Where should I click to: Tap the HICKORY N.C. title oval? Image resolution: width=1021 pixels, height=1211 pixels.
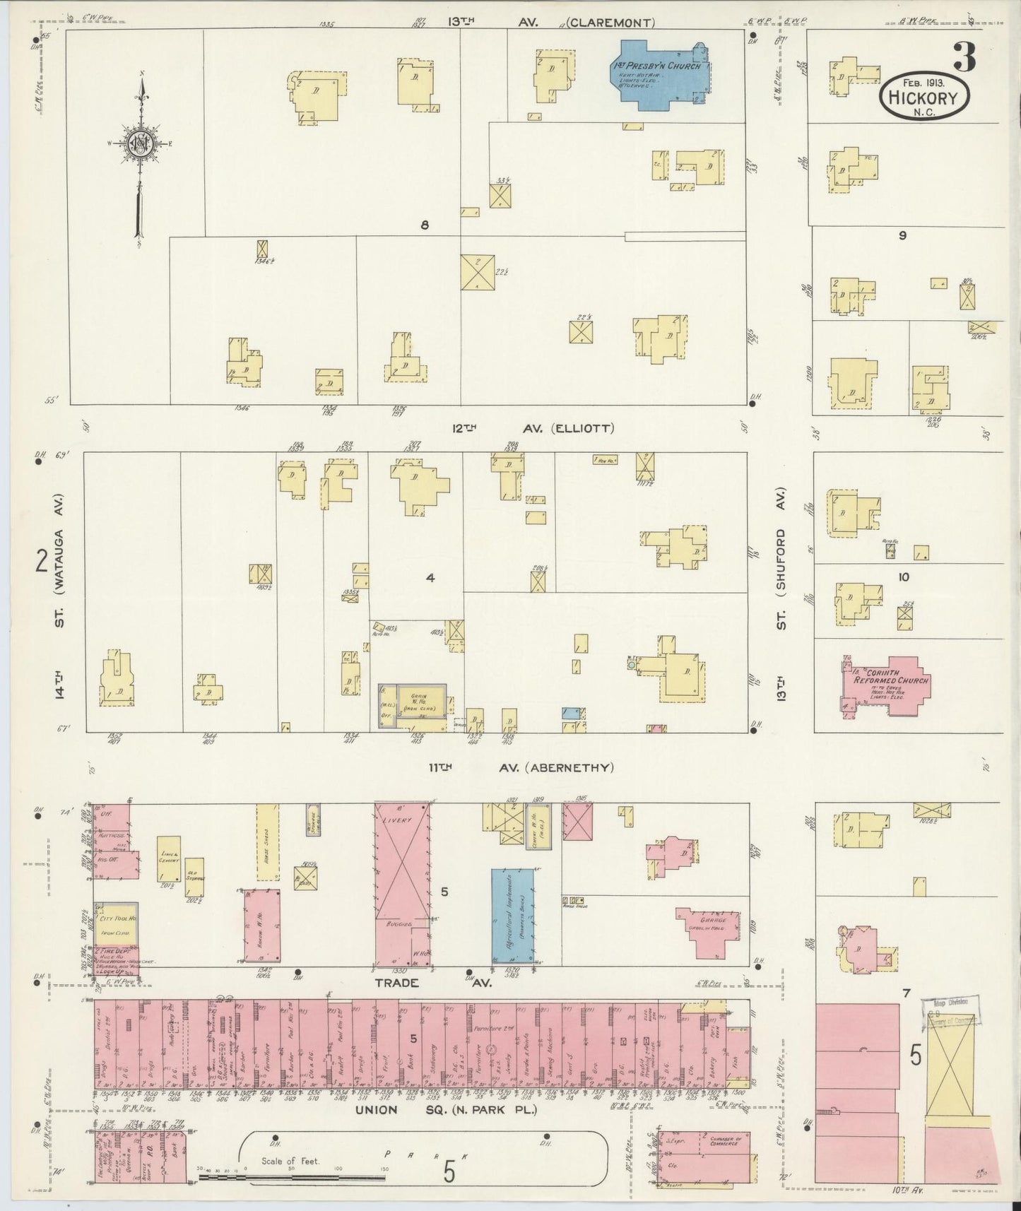click(x=924, y=98)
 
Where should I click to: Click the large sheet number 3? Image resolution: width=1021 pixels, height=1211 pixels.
click(x=964, y=57)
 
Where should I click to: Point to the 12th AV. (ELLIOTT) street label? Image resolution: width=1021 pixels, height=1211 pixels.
click(x=533, y=428)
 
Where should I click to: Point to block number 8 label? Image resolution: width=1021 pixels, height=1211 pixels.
click(x=425, y=225)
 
